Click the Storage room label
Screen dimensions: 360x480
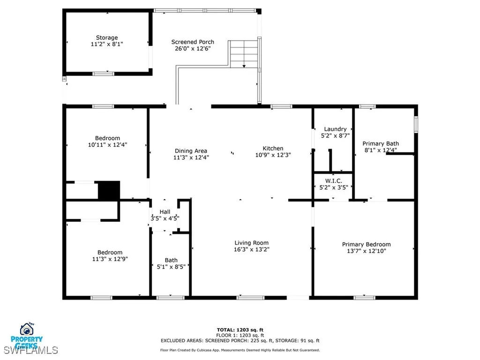(107, 37)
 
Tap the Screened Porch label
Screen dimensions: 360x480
(193, 42)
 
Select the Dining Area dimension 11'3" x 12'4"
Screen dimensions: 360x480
(191, 157)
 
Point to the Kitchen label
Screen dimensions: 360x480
(272, 148)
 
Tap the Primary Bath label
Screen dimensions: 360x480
(381, 143)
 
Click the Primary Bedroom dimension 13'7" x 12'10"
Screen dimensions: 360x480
(366, 251)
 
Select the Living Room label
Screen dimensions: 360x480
(252, 243)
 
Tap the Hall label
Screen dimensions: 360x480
(165, 212)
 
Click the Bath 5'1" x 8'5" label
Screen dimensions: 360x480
(171, 263)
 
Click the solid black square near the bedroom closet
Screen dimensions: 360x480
(109, 190)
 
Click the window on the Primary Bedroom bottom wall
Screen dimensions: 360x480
(364, 297)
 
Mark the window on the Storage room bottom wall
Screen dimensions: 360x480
(103, 73)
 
